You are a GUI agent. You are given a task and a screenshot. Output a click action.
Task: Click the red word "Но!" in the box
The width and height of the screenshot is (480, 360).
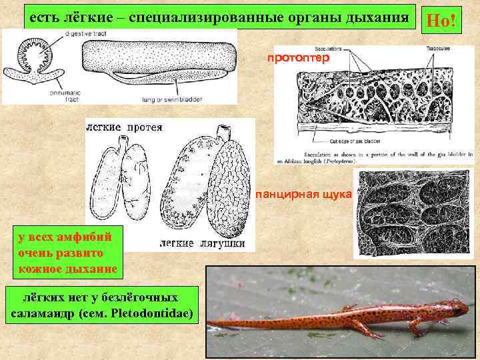click(x=443, y=21)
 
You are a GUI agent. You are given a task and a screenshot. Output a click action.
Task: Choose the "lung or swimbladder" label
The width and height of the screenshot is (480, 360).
click(x=166, y=100)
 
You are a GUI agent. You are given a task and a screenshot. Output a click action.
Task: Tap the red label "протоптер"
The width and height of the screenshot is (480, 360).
click(x=298, y=57)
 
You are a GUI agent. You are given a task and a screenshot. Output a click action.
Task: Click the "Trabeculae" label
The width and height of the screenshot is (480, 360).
click(x=435, y=48)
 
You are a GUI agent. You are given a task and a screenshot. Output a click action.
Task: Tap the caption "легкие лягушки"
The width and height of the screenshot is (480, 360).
click(x=206, y=243)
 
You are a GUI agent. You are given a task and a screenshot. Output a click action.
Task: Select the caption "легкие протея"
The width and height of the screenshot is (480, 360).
click(x=125, y=127)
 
